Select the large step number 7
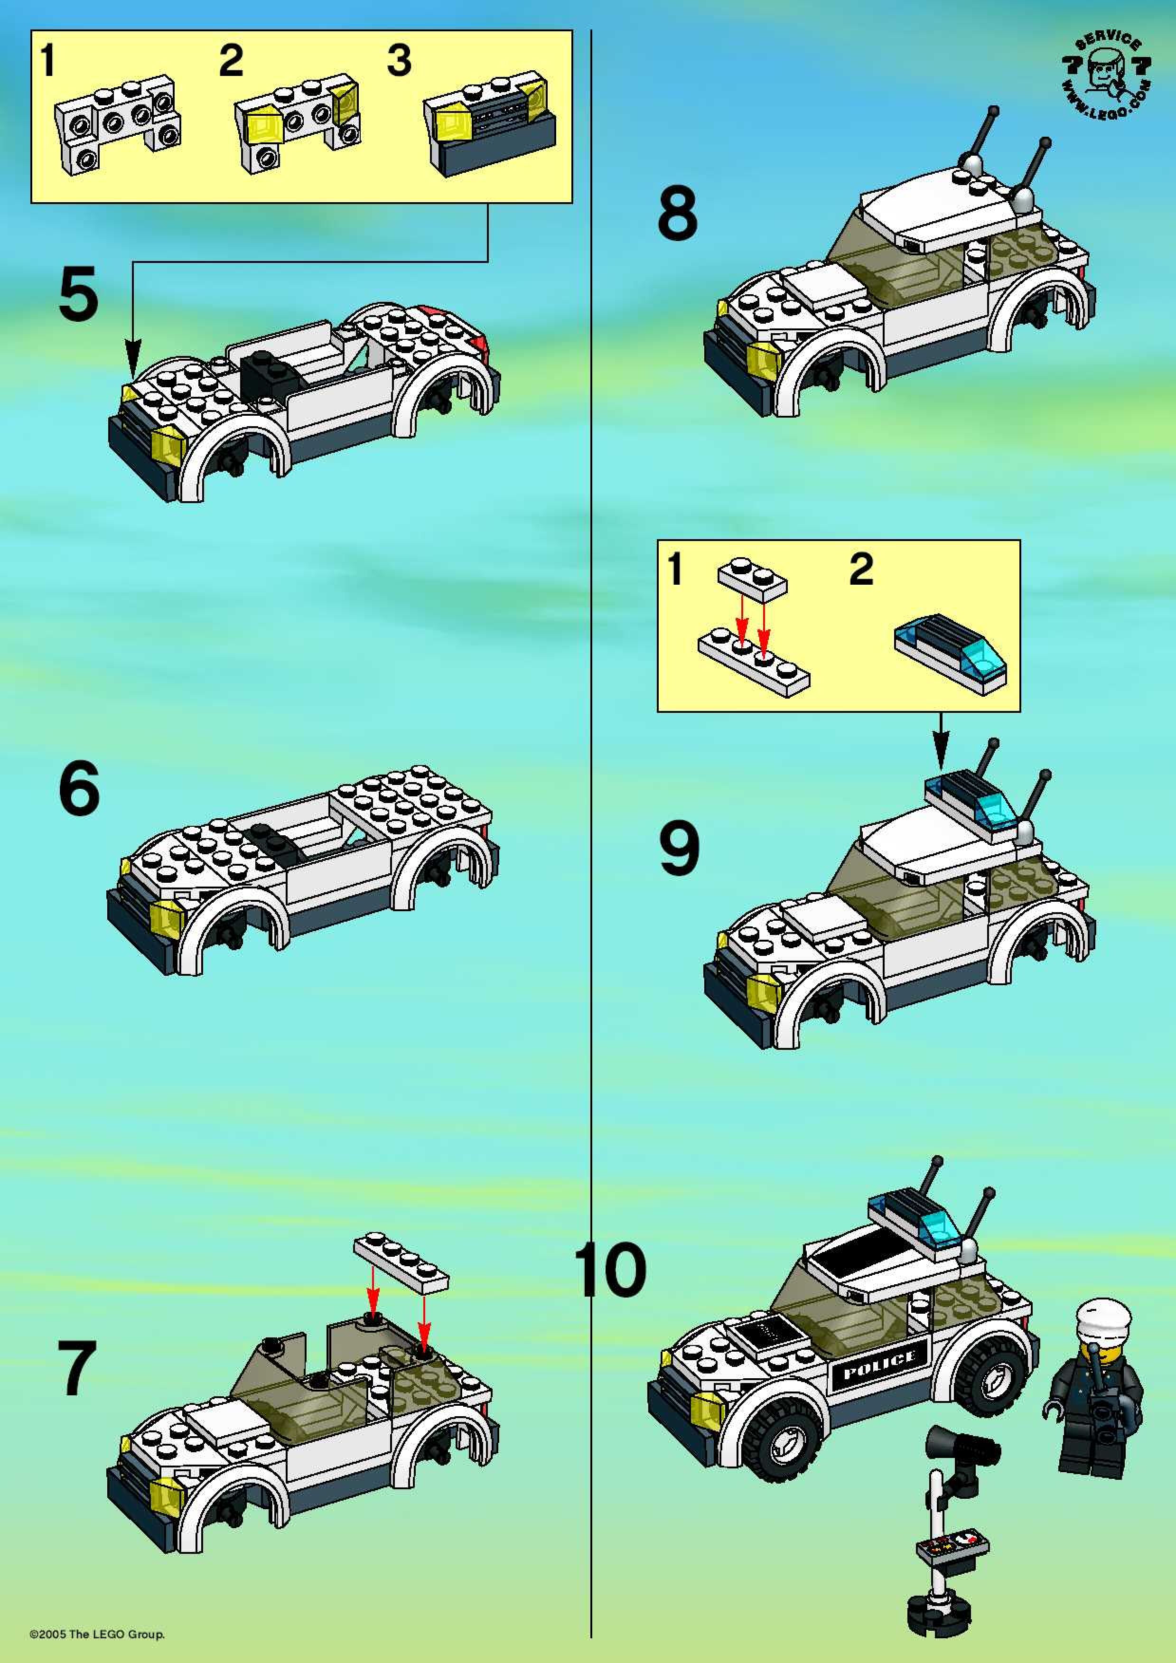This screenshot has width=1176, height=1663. point(77,1368)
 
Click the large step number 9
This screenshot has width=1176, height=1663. point(679,848)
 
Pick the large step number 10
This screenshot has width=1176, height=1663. point(610,1269)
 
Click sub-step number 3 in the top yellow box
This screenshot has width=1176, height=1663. point(399,60)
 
